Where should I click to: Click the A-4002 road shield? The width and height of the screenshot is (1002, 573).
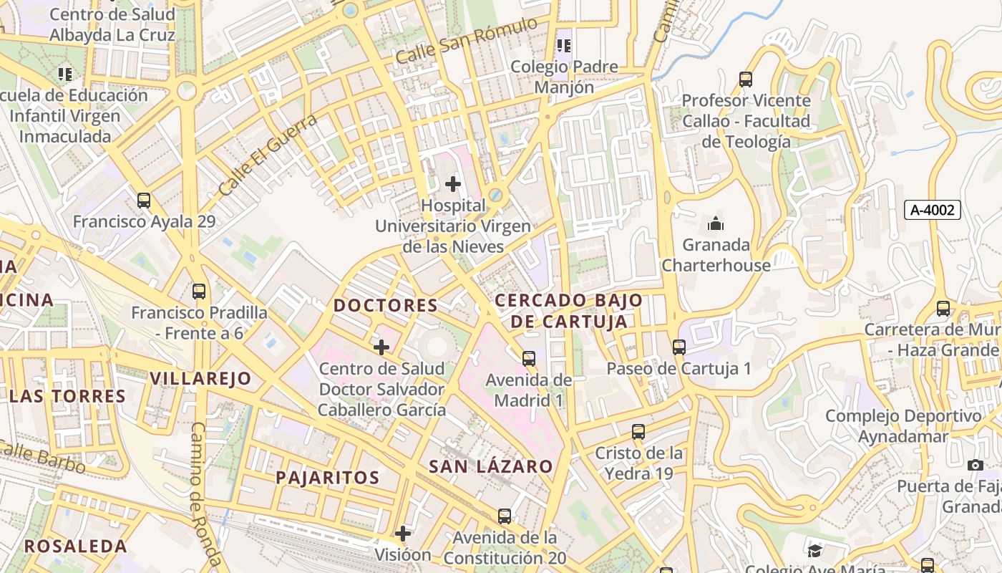(932, 210)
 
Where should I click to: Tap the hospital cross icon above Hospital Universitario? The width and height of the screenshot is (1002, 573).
(453, 184)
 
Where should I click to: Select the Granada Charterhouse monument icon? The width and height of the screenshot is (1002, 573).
(715, 224)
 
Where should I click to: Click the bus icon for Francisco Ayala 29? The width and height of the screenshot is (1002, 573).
(144, 201)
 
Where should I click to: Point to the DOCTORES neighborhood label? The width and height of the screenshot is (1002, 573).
(386, 305)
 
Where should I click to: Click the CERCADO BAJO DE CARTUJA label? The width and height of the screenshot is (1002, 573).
(569, 311)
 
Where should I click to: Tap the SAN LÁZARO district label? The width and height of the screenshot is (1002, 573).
(491, 466)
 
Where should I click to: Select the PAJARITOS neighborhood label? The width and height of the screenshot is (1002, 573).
(328, 477)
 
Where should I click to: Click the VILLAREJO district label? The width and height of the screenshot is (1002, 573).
(200, 378)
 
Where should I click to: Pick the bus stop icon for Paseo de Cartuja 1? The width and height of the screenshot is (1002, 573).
(679, 347)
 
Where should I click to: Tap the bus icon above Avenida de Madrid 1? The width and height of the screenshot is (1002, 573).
(529, 359)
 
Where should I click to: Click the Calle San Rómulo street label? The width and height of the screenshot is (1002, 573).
(467, 40)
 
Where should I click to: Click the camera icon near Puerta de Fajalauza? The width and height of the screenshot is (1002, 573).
(975, 466)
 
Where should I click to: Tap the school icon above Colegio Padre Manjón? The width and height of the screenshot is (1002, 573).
(564, 46)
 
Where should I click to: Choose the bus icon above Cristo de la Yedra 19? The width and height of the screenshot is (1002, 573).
(638, 432)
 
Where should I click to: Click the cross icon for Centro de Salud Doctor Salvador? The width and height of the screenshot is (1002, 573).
(381, 347)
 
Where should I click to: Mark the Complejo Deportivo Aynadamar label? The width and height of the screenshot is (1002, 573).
(903, 426)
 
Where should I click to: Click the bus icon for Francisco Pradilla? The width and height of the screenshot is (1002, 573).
(199, 292)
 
